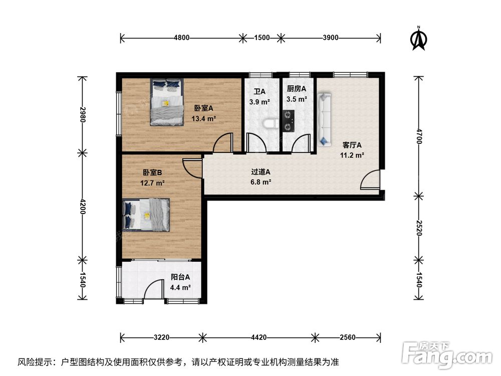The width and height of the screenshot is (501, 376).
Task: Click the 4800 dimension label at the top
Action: pyautogui.click(x=181, y=38)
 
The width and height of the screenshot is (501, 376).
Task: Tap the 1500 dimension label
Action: pyautogui.click(x=262, y=38)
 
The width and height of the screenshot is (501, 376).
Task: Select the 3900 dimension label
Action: pyautogui.click(x=330, y=38)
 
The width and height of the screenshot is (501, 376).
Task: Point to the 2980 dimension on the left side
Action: pyautogui.click(x=83, y=114)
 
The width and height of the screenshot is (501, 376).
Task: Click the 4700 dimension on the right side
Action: pyautogui.click(x=419, y=136)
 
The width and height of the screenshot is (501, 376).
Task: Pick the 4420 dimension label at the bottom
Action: pyautogui.click(x=259, y=337)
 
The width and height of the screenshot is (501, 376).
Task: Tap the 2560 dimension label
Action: pyautogui.click(x=348, y=337)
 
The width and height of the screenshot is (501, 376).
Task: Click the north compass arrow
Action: pyautogui.click(x=418, y=39)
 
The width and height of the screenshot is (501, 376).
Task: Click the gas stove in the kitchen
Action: pyautogui.click(x=288, y=121)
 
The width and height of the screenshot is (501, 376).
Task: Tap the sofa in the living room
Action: pyautogui.click(x=324, y=120)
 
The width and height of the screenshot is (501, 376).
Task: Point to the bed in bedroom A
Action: pyautogui.click(x=167, y=102)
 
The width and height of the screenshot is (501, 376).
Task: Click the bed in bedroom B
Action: pyautogui.click(x=146, y=215)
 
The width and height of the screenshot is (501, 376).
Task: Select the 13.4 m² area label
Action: pyautogui.click(x=204, y=119)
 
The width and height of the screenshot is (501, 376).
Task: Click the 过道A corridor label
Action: pyautogui.click(x=261, y=172)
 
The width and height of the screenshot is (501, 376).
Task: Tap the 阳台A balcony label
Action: pyautogui.click(x=180, y=277)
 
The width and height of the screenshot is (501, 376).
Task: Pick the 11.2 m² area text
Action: pyautogui.click(x=352, y=155)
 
